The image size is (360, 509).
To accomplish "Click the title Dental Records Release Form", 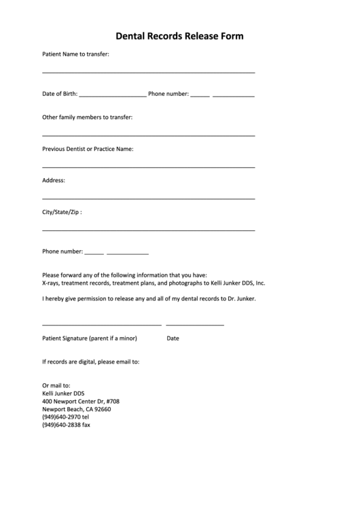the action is [179, 36].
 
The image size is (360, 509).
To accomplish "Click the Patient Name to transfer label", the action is [75, 54].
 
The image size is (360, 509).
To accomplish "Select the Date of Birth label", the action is [60, 94].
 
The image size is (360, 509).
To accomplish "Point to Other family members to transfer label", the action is [87, 117].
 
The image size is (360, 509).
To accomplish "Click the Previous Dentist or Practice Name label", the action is [88, 148].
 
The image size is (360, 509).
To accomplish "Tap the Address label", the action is [54, 180].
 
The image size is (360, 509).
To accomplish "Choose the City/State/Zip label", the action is [62, 212].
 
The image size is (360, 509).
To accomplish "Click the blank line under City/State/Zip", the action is [148, 230].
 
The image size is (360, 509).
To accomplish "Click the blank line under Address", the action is [148, 198].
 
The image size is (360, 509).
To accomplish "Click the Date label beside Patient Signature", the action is [173, 338].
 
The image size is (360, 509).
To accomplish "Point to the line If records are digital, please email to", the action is [90, 362].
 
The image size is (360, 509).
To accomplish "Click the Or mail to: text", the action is [56, 385].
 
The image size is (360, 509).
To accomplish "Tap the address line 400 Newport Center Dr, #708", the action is [81, 401].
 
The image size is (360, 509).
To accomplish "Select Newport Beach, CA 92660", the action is [76, 409].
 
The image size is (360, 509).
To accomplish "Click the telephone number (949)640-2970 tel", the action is [65, 417].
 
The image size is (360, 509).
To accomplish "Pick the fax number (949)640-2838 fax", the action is [66, 425].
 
